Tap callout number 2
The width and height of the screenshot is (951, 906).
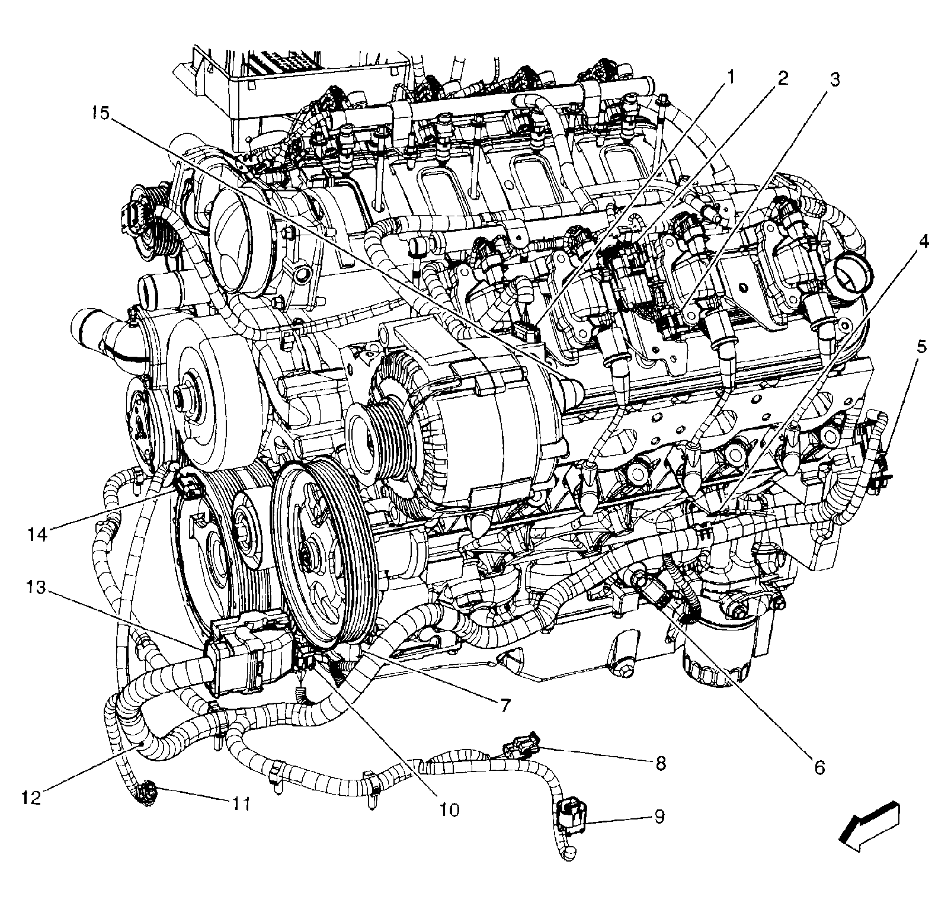(783, 78)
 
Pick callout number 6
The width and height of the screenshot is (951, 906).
(819, 767)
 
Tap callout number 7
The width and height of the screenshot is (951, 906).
(504, 705)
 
